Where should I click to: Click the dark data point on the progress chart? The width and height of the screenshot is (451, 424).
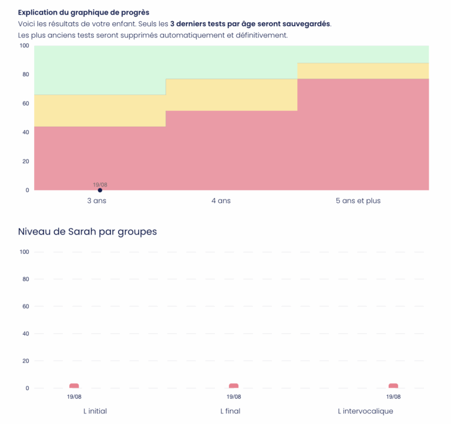tap(100, 190)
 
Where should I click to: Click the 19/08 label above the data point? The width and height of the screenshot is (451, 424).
tap(100, 185)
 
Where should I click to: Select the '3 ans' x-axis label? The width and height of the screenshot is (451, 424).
tap(96, 201)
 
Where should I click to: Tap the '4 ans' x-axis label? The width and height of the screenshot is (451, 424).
tap(221, 201)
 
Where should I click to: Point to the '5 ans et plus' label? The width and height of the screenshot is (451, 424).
tap(358, 201)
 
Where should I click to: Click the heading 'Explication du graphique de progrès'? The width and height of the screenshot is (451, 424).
tap(83, 12)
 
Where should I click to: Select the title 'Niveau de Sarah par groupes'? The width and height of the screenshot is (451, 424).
tap(87, 232)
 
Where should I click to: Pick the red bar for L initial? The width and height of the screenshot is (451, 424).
tap(74, 386)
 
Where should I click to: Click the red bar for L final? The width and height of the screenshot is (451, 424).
tap(234, 386)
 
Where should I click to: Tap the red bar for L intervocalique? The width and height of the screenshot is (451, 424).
tap(393, 386)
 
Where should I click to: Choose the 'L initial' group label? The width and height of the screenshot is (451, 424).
tap(95, 411)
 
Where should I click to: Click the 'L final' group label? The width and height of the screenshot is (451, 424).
tap(230, 411)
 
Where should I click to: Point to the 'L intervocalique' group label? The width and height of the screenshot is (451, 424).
tap(365, 411)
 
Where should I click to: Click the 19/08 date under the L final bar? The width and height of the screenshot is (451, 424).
tap(234, 396)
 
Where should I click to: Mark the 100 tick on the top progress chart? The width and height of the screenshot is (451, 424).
tap(24, 46)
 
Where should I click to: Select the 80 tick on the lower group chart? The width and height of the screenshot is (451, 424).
tap(25, 279)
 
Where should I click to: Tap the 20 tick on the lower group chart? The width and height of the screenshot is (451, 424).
tap(25, 361)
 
